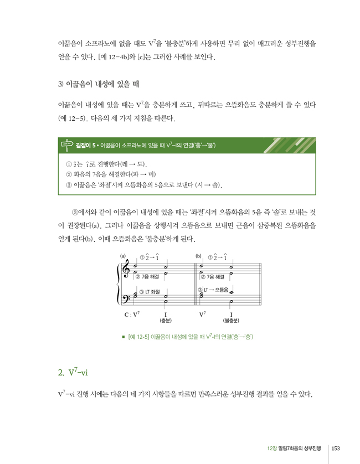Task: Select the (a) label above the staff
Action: click(x=123, y=256)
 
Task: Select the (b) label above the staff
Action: click(x=198, y=256)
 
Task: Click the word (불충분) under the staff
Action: click(x=231, y=321)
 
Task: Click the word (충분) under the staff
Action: click(x=166, y=321)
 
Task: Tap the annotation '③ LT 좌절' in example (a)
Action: click(x=149, y=291)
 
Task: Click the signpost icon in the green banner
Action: click(x=65, y=146)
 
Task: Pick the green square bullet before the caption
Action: click(x=124, y=337)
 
